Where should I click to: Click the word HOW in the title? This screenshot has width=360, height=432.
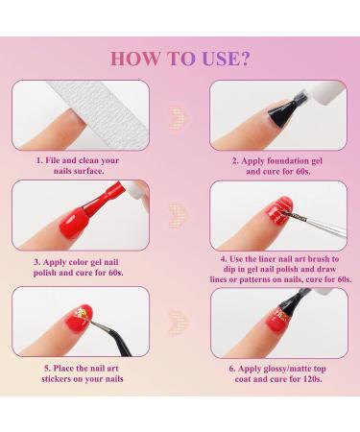click(132, 57)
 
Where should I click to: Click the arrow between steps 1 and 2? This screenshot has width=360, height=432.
click(179, 116)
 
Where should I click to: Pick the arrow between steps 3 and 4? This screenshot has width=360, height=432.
click(179, 212)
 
